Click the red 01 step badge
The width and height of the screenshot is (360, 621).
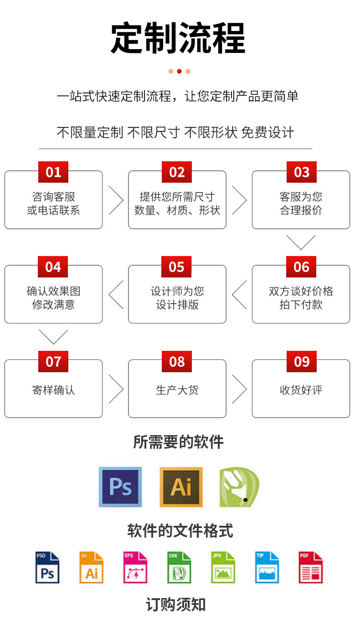coord(53,172)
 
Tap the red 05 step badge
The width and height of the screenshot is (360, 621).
coord(177,267)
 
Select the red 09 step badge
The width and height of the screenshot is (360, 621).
coord(301,362)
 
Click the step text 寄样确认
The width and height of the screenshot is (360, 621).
coord(53,390)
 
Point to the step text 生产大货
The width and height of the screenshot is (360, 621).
coord(177,390)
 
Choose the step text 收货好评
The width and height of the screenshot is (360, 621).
coord(301,390)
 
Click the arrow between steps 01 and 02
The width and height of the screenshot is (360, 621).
coord(116,200)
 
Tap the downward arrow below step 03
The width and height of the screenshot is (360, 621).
coord(301,242)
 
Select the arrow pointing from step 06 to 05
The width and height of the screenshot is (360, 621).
coord(239,294)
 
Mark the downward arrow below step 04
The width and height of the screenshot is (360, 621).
coord(53,337)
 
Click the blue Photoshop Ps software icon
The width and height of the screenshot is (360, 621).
coord(120,487)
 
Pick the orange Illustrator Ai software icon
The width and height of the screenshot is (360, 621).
coord(181,487)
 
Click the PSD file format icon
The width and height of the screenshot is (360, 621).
coord(47,568)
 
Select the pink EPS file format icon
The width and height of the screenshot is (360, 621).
coord(135,568)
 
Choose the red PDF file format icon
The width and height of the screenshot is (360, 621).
coord(310,568)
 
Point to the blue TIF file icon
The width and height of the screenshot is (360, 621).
coord(267,568)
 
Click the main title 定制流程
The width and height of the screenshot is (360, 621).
coord(178,38)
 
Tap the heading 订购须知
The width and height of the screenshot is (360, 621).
coord(176,605)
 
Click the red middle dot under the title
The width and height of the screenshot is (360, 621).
coord(179,71)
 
